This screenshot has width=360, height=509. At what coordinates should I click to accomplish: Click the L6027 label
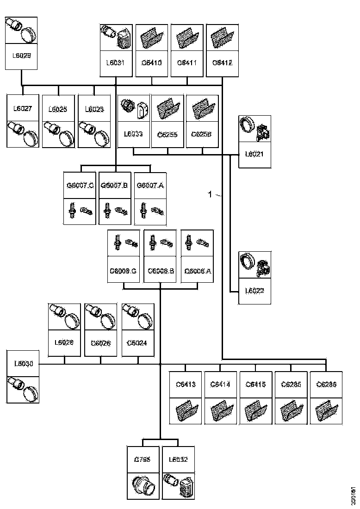pos(23,109)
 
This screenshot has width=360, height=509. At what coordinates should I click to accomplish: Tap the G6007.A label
pos(150,186)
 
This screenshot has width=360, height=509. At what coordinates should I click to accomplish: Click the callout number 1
pos(210,195)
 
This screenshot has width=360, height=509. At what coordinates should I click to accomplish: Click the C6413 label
pos(186,384)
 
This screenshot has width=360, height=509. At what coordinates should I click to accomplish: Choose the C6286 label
pos(326,384)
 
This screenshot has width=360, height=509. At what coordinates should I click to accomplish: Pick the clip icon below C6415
pos(256,410)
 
